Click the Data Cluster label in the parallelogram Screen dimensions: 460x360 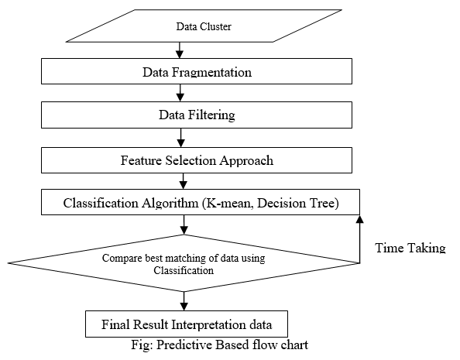pyautogui.click(x=204, y=26)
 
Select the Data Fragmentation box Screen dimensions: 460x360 pyautogui.click(x=197, y=71)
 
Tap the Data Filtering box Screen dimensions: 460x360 pyautogui.click(x=197, y=115)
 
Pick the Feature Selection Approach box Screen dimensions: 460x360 pyautogui.click(x=197, y=160)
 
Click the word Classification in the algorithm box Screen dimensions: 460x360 pyautogui.click(x=101, y=203)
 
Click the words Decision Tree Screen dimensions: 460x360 pyautogui.click(x=296, y=203)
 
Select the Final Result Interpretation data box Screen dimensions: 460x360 pyautogui.click(x=187, y=324)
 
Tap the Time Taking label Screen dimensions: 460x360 pyautogui.click(x=410, y=248)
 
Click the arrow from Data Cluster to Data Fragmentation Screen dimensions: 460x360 pyautogui.click(x=180, y=50)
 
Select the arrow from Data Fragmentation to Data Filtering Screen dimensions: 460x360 pyautogui.click(x=180, y=93)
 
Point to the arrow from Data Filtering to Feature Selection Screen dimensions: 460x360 pyautogui.click(x=181, y=138)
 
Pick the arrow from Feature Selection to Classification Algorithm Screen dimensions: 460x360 pyautogui.click(x=183, y=181)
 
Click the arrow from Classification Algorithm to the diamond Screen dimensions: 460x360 pyautogui.click(x=184, y=225)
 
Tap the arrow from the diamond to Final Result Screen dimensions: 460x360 pyautogui.click(x=184, y=301)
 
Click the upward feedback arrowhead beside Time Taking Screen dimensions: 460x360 pyautogui.click(x=359, y=219)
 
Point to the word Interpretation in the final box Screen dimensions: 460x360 pyautogui.click(x=208, y=325)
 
